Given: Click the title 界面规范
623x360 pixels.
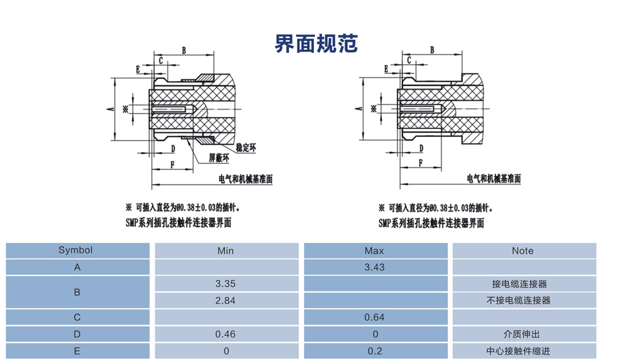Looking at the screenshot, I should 316,44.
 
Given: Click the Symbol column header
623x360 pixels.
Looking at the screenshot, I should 75,250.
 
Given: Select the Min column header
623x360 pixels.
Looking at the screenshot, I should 226,250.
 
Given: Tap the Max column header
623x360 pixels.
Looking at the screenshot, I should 374,250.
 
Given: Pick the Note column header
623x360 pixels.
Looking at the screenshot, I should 523,250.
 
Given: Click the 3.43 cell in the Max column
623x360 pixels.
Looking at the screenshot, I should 374,267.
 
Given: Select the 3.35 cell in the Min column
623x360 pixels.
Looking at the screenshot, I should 226,283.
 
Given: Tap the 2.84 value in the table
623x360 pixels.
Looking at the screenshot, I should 226,300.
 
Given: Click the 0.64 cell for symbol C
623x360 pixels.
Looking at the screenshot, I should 374,317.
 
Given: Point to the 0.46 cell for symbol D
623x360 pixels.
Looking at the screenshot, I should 226,334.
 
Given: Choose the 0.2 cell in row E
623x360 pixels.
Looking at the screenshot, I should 374,351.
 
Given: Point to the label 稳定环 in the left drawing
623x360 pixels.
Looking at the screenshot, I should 247,148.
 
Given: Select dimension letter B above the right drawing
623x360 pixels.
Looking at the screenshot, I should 432,50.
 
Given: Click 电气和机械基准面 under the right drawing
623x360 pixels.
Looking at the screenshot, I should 494,179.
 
